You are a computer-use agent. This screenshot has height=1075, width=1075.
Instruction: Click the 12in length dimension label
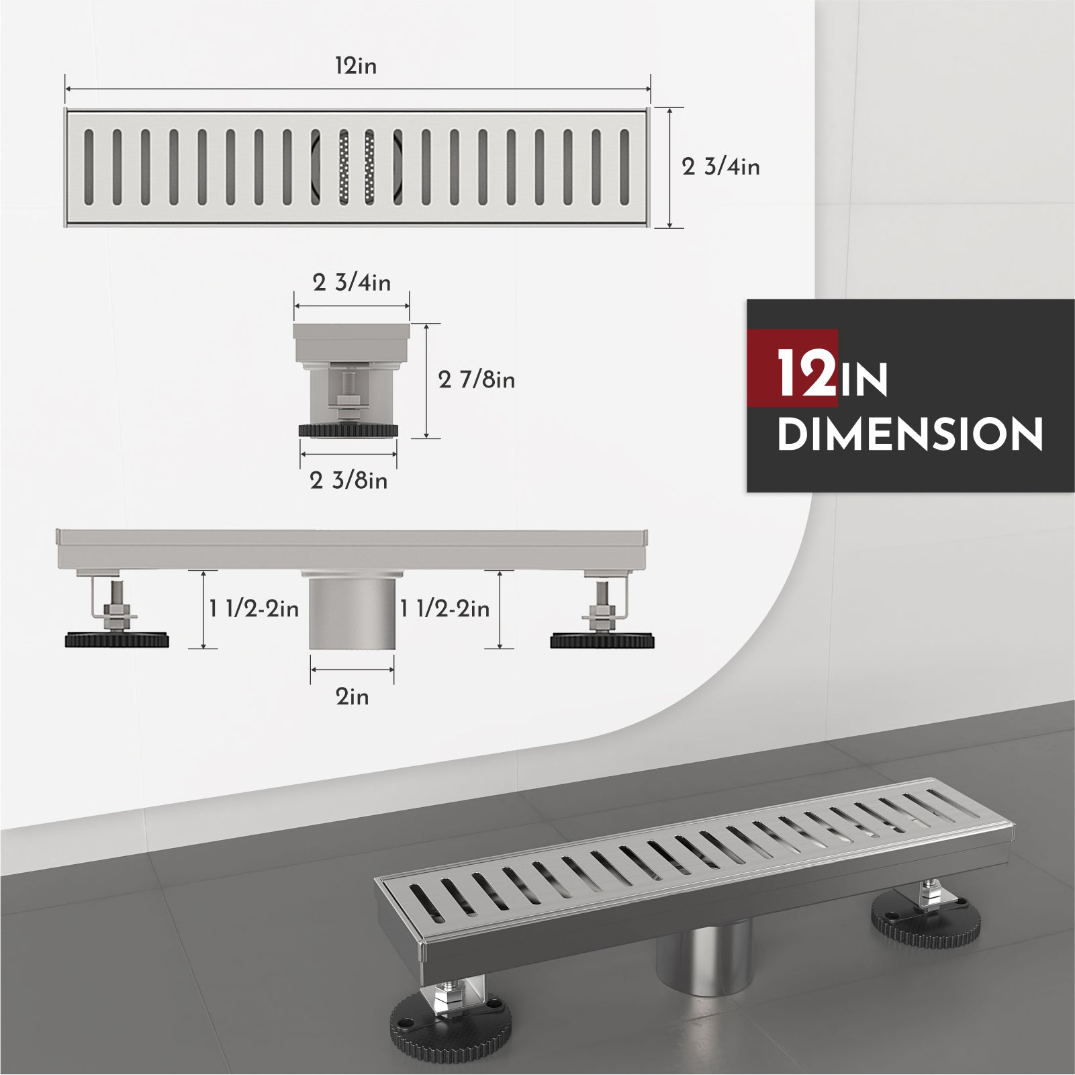click(356, 66)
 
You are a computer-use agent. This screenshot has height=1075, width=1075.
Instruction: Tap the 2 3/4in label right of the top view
click(720, 167)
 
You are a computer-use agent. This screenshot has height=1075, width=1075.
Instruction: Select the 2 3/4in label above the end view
click(351, 283)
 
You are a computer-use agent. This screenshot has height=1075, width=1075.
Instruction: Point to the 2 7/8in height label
click(476, 380)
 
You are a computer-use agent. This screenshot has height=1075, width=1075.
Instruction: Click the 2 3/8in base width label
click(348, 481)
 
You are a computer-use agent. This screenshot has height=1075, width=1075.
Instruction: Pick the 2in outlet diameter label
click(353, 697)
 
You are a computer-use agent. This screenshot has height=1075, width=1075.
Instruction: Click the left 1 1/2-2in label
click(254, 609)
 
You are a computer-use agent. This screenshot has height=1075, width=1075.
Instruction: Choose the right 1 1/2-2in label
click(445, 609)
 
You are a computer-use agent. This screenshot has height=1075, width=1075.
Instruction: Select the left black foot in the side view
click(117, 640)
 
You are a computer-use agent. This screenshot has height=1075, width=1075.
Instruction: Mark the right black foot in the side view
click(602, 640)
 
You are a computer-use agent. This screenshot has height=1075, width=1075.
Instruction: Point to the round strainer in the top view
click(356, 167)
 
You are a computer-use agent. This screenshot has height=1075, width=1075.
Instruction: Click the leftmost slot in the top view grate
click(89, 167)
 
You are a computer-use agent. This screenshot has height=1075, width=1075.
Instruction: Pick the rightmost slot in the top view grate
click(624, 167)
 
